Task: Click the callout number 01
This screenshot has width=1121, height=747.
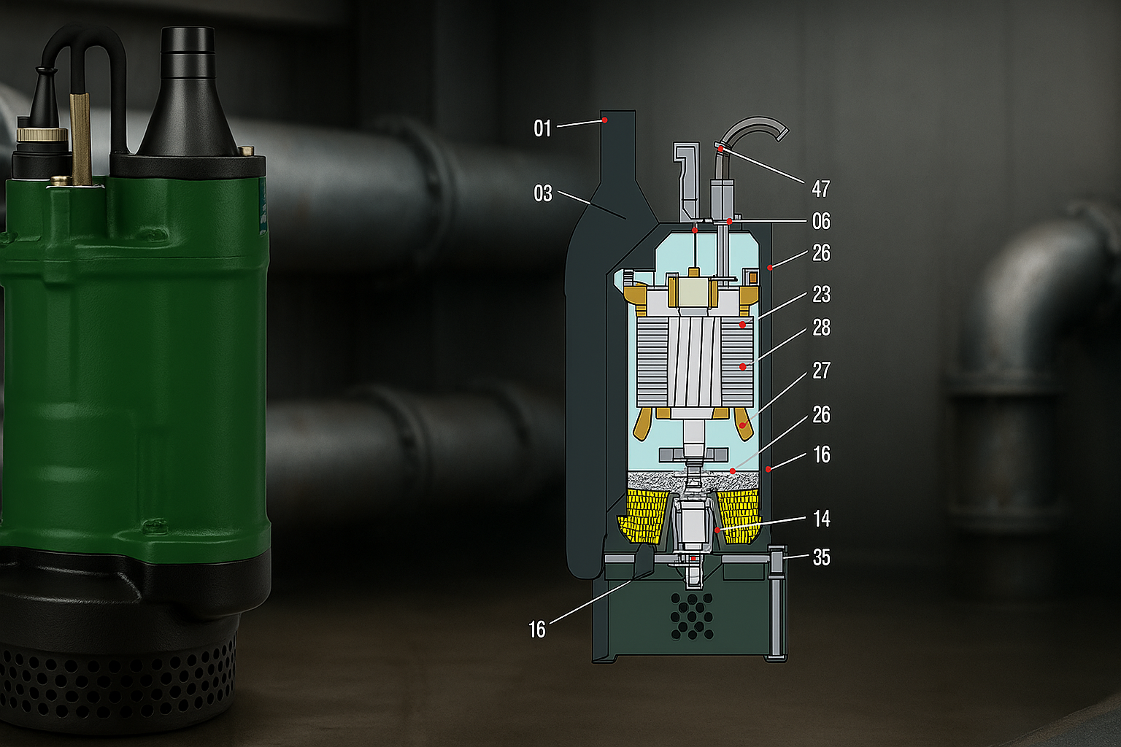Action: [542, 128]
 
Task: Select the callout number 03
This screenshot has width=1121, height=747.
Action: [543, 193]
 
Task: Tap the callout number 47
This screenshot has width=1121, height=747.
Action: [821, 189]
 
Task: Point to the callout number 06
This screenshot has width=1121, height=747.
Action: [821, 221]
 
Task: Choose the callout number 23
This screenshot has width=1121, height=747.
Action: [821, 294]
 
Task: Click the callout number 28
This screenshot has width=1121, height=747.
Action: [821, 328]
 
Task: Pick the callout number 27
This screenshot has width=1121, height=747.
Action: [821, 371]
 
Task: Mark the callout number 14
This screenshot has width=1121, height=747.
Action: [822, 519]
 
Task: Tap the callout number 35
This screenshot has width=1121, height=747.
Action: [821, 557]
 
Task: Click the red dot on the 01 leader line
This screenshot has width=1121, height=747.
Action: [604, 120]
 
